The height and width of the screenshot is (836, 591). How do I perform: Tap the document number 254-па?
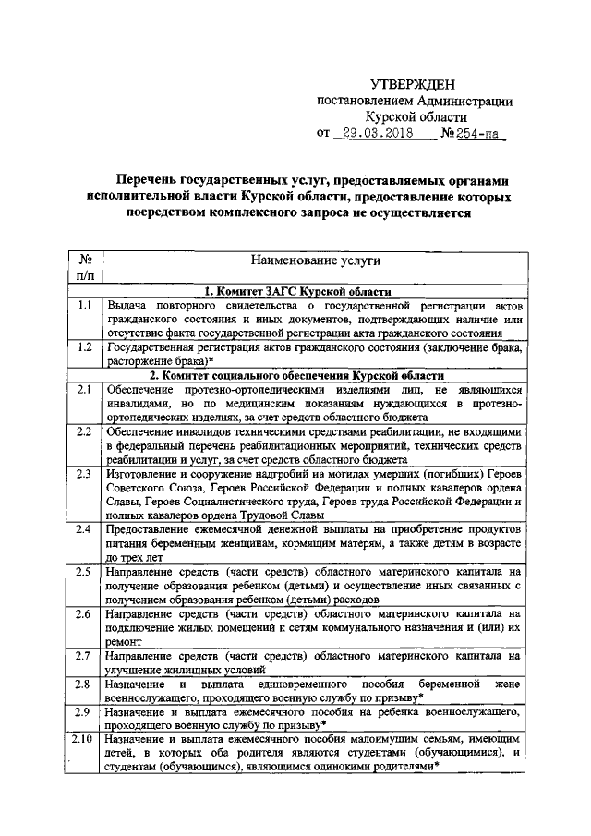tap(481, 133)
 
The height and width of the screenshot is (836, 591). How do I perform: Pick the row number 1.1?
tap(84, 305)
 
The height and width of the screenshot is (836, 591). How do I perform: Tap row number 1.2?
tap(84, 348)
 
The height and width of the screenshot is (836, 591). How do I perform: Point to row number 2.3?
tap(84, 475)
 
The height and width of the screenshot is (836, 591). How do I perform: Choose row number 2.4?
tap(84, 530)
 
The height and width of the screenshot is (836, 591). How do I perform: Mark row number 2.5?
tap(84, 573)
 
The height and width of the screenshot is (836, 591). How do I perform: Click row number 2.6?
tap(84, 614)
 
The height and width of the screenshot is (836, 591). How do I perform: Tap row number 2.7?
tap(84, 657)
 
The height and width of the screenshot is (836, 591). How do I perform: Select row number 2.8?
tap(84, 685)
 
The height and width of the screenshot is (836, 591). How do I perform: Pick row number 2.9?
tap(84, 713)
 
